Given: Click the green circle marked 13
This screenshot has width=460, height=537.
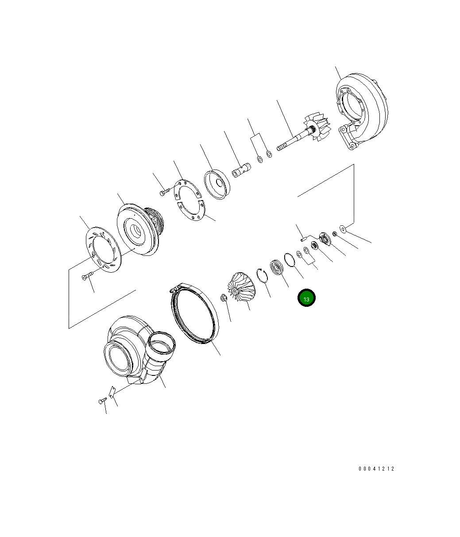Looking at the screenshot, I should pos(306,298).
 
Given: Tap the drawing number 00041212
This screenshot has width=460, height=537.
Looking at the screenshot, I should pos(376,469).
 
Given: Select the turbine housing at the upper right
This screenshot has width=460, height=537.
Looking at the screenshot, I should pos(361,113).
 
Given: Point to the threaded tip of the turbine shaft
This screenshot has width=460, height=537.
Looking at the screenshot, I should pos(282,147).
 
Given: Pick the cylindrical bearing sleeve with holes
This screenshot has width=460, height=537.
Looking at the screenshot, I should pos(242,170).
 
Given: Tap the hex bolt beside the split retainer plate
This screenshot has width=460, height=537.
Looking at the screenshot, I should pos(164,192).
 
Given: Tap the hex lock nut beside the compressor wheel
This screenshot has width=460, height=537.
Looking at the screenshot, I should pos(224,297).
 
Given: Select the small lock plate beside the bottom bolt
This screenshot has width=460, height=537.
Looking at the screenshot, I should pos(112,392).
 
